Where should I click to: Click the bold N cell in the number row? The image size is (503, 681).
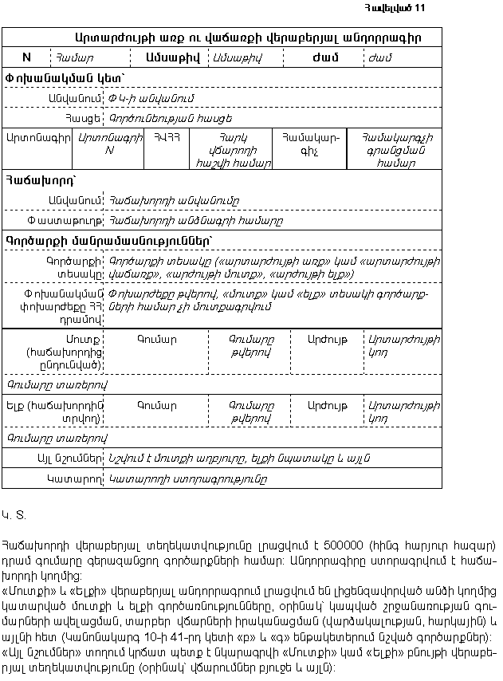click(26, 57)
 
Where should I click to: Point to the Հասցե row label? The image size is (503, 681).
click(87, 117)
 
